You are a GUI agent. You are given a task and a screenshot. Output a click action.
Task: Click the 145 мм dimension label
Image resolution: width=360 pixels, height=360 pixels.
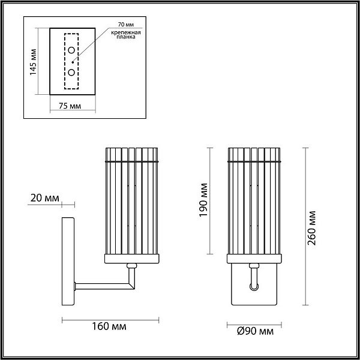click(x=33, y=62)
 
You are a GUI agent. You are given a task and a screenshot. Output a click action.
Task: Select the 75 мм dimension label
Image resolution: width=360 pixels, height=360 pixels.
click(x=70, y=106)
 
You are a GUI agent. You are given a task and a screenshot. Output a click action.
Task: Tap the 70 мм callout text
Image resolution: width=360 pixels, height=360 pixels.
click(x=126, y=25)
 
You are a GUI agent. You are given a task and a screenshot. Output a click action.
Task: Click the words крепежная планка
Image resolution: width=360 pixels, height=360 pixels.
click(x=126, y=35)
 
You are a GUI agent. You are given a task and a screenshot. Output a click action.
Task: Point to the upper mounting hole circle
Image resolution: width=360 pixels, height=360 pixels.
click(x=71, y=50)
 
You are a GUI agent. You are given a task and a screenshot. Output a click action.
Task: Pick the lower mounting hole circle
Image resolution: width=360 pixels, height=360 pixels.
click(x=71, y=73)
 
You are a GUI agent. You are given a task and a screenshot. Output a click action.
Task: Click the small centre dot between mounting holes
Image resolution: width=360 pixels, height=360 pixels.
click(x=73, y=62)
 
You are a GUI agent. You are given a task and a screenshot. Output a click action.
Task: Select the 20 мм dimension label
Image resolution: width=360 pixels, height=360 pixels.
click(x=45, y=198)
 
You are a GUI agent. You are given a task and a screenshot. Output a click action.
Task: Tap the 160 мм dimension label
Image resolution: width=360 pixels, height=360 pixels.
click(x=109, y=326)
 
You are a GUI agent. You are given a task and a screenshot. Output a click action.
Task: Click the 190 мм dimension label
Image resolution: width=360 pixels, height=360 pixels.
click(x=203, y=200)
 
